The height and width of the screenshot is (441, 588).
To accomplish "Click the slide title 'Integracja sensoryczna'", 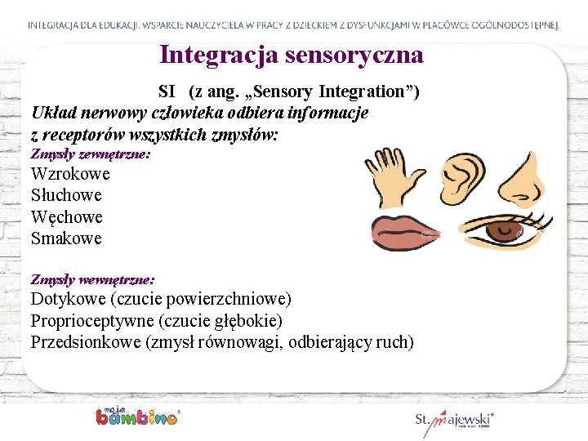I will click(292, 55).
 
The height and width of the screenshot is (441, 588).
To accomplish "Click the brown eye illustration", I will click(498, 231).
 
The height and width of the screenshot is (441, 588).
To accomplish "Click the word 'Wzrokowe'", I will click(70, 174).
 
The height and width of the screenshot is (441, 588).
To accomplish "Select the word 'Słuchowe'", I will click(66, 195).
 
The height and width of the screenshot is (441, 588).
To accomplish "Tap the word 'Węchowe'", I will click(66, 217).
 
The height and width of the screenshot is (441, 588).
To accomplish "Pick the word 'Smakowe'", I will click(66, 238).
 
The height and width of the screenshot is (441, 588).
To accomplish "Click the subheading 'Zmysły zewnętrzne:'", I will click(90, 154).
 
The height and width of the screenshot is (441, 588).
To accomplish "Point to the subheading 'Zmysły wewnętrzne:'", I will click(92, 279).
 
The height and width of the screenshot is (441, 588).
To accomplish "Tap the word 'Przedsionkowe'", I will click(85, 342).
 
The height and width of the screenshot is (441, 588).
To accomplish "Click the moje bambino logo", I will click(136, 415).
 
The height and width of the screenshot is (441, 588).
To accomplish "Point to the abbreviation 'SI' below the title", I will click(167, 91).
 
